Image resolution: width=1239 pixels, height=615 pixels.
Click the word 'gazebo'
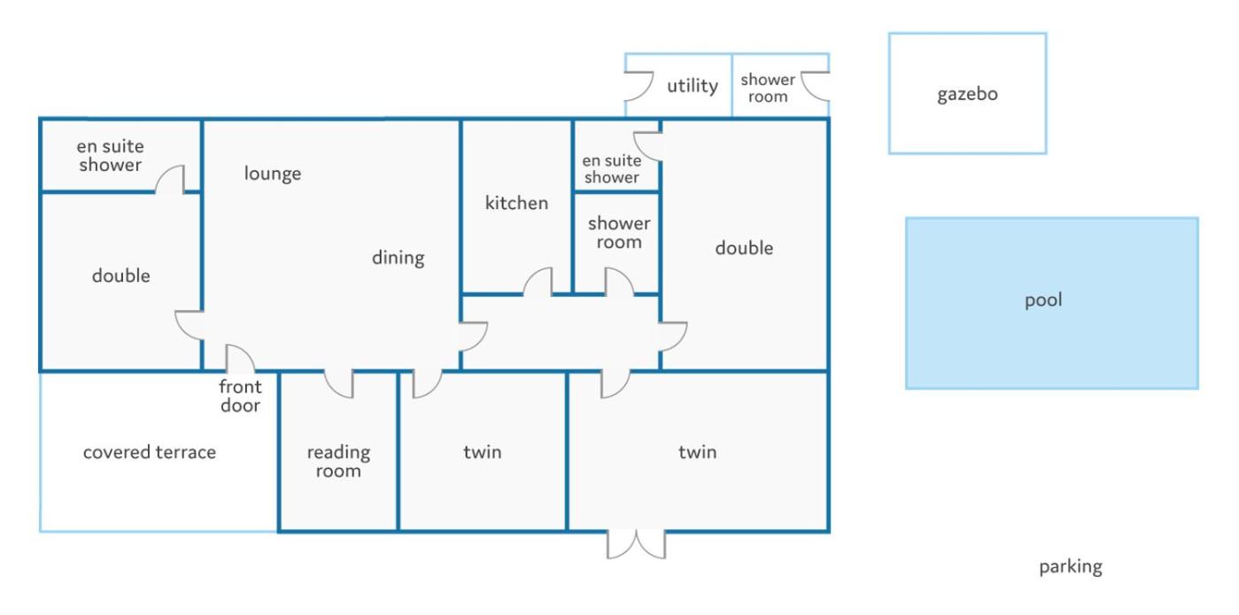967,95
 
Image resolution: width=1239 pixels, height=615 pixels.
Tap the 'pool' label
1043,300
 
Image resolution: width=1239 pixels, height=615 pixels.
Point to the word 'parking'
1071,567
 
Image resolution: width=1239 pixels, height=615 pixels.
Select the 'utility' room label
693,86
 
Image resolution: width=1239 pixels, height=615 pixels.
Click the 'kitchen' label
516,203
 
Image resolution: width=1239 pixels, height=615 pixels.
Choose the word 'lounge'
273,174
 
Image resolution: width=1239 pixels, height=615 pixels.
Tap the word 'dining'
399,258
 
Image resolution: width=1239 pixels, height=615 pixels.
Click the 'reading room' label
338,461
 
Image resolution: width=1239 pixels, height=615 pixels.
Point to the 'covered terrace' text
150,452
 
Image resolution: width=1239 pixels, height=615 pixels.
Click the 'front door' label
240,396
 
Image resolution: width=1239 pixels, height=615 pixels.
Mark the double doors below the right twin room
636,545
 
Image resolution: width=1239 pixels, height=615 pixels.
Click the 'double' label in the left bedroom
121,276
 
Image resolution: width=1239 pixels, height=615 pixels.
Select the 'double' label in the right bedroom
744,248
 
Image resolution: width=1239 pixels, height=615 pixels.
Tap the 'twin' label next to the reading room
483,452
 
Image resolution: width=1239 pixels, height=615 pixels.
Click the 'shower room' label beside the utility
768,88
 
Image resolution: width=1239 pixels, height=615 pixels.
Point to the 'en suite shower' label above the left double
110,156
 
